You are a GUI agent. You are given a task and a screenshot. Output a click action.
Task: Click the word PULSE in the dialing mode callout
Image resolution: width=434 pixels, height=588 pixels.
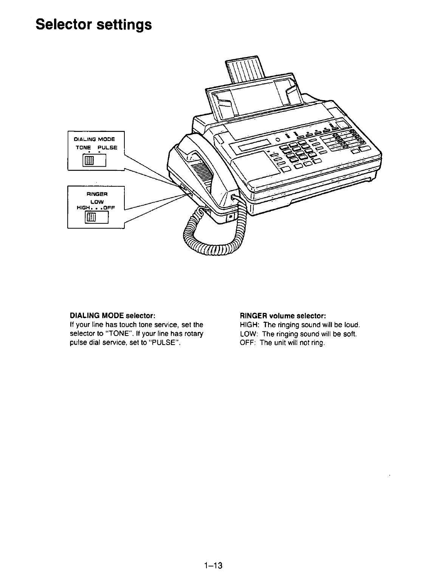point(107,147)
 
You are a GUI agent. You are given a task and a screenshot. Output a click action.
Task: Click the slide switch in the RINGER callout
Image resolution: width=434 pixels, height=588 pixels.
point(91,217)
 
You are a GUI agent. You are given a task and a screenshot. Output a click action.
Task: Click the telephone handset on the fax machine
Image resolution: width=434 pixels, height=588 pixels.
point(204,166)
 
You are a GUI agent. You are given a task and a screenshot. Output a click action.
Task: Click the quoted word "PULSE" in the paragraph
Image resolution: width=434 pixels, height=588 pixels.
point(164,343)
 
